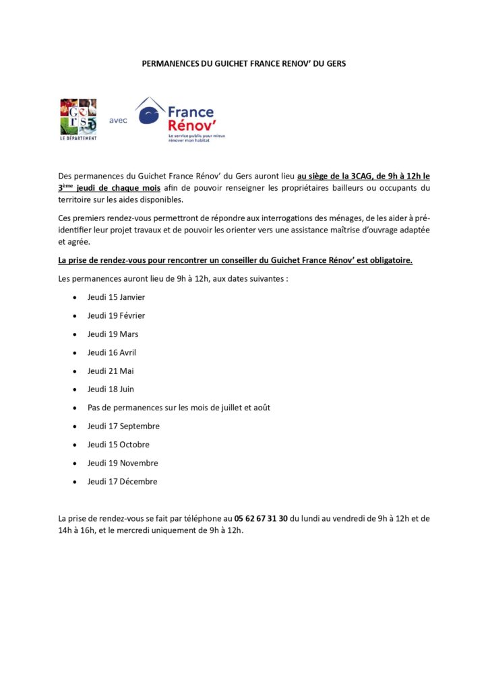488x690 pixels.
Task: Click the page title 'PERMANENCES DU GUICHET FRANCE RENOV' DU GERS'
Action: click(243, 63)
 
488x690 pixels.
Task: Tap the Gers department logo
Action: click(78, 119)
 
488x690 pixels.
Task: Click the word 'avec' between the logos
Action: click(118, 120)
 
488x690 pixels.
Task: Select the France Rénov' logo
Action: click(179, 119)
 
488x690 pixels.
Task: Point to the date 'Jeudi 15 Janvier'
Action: click(116, 297)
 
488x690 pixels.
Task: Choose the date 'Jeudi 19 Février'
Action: click(116, 315)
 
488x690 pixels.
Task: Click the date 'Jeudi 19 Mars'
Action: click(113, 334)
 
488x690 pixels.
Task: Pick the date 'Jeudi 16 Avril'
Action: click(112, 352)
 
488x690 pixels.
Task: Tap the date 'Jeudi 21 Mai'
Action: click(111, 371)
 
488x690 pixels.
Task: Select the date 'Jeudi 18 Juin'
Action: click(111, 389)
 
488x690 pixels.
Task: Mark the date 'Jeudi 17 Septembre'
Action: click(123, 426)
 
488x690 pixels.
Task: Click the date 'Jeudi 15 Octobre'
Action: click(119, 445)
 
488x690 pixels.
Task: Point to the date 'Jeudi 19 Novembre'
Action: click(123, 463)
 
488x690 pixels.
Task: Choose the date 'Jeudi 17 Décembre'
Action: click(122, 482)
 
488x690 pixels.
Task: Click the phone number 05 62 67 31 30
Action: click(261, 518)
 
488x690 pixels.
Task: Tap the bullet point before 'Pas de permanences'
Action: click(73, 408)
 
